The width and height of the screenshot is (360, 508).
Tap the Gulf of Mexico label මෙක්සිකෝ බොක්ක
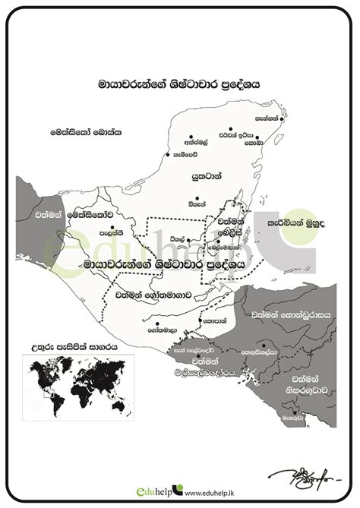point(87,131)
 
